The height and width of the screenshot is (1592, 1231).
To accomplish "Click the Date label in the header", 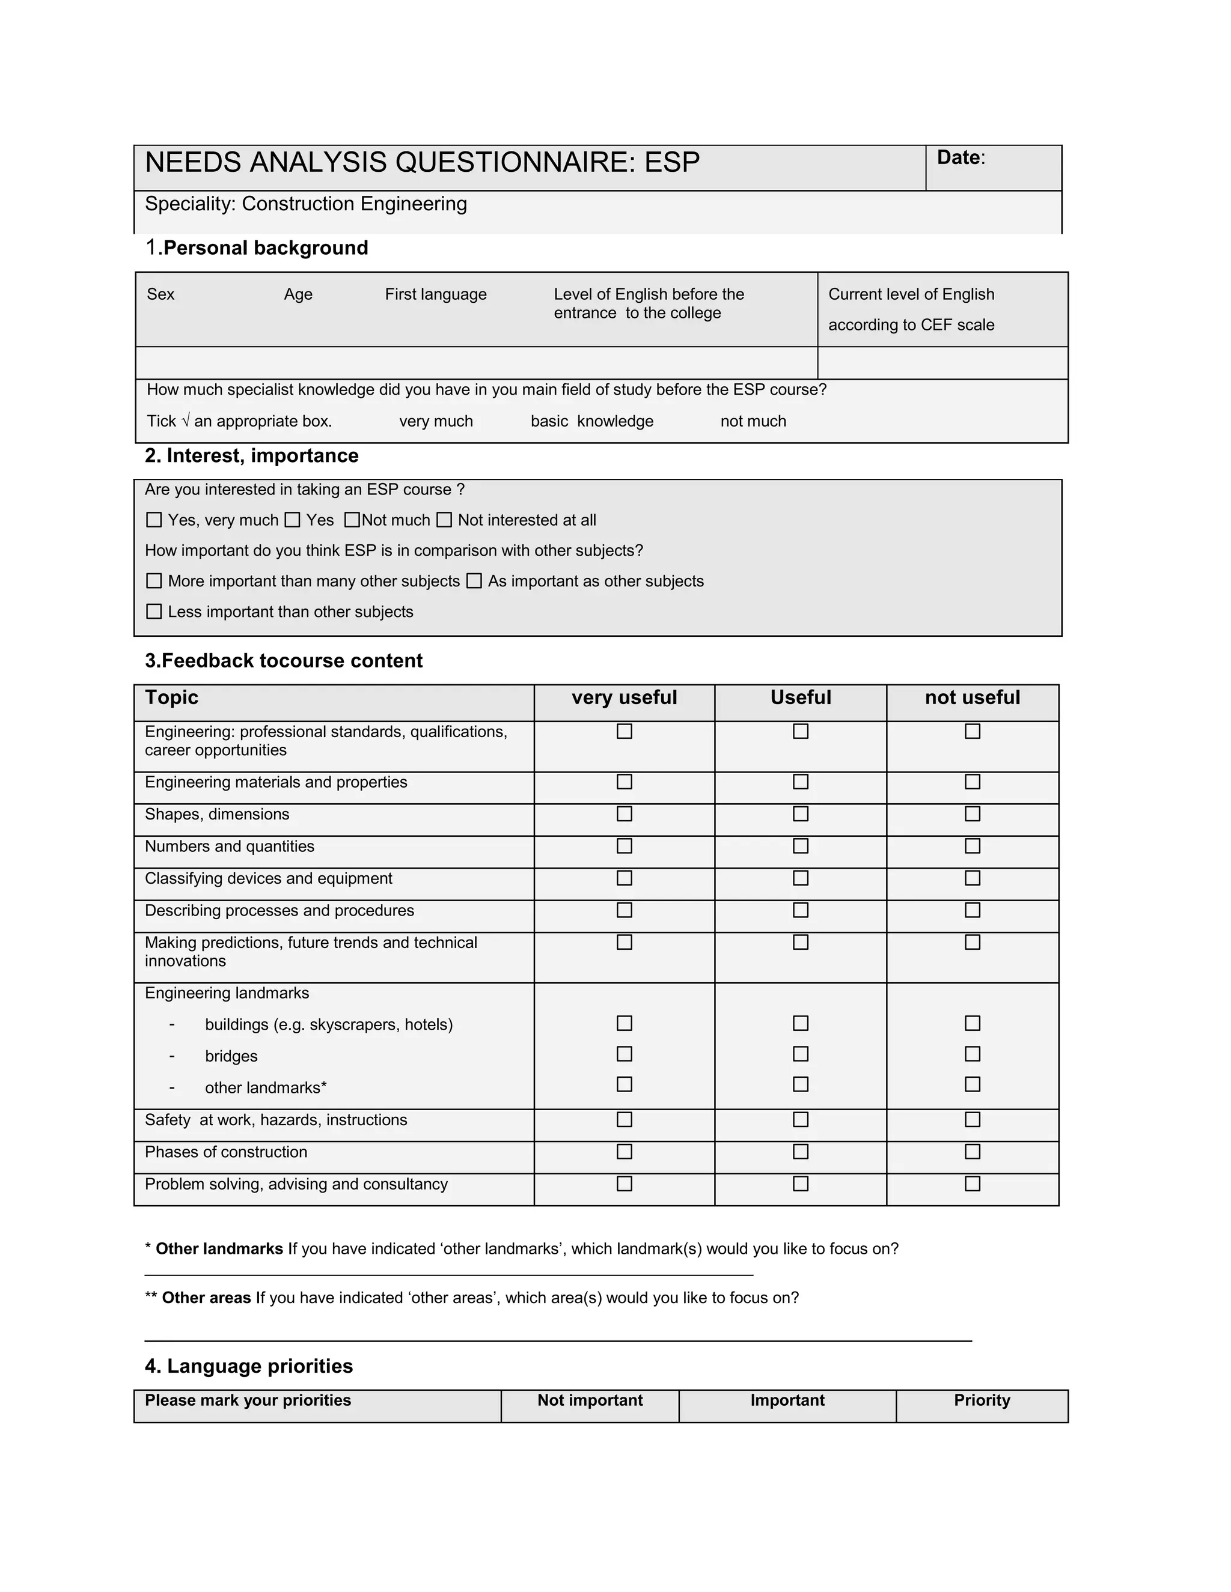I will pos(958,157).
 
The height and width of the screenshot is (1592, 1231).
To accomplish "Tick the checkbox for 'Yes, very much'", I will pos(154,520).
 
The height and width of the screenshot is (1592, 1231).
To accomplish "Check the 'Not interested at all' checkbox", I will pos(444,520).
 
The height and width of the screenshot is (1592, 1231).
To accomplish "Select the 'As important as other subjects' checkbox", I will pos(474,581).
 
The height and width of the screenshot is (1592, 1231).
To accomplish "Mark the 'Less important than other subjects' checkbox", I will pos(154,612).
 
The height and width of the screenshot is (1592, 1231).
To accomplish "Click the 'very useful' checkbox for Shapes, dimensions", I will pos(625,813).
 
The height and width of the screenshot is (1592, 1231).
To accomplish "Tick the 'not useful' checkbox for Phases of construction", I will pos(972,1152).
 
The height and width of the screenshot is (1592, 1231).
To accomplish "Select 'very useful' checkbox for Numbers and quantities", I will pos(625,846).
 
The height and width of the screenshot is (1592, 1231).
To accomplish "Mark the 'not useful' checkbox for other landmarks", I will pos(972,1084).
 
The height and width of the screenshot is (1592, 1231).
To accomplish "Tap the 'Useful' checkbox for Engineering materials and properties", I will pos(801,782).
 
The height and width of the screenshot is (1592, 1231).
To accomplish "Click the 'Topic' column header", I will pos(171,697).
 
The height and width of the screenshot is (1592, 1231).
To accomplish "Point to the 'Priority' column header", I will pos(982,1400).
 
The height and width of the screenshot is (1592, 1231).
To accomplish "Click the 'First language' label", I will pos(435,294).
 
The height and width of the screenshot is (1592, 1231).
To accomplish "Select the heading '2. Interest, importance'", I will pos(252,455).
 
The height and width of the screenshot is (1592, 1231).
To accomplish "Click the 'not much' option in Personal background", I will pos(753,421).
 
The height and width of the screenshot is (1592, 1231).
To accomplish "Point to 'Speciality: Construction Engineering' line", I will pos(305,204).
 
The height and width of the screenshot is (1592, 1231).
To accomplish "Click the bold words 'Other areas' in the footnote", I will pos(206,1298).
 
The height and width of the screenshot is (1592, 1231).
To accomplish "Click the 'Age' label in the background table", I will pos(298,294).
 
